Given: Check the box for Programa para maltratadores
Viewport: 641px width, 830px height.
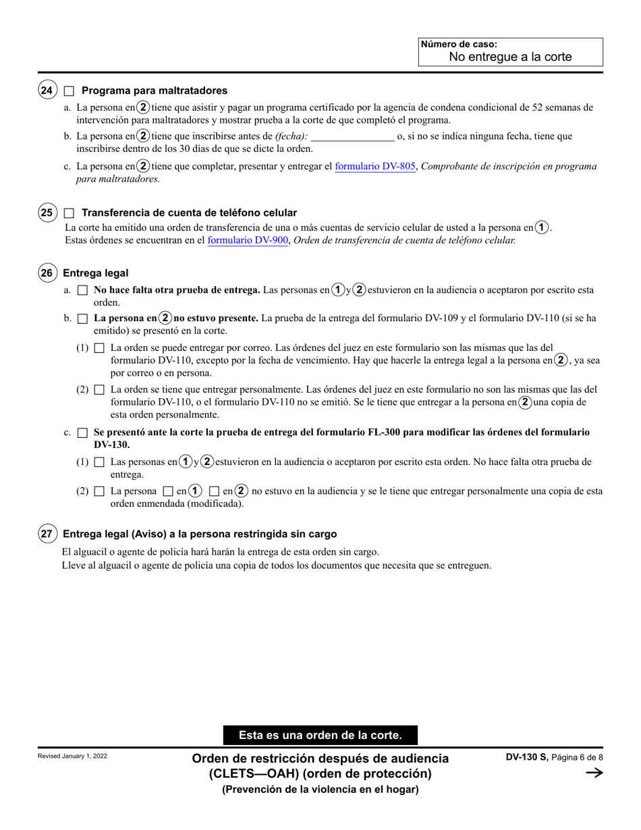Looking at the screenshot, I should pyautogui.click(x=69, y=90).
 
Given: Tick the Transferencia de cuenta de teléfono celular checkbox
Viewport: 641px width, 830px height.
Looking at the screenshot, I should pyautogui.click(x=69, y=213).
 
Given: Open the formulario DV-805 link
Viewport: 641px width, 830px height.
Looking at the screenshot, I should pyautogui.click(x=375, y=166).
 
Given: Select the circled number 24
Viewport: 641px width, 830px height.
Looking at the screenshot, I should pyautogui.click(x=47, y=90).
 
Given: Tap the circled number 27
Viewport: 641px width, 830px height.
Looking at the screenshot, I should pyautogui.click(x=47, y=534).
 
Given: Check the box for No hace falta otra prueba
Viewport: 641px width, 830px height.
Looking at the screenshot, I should pyautogui.click(x=82, y=290).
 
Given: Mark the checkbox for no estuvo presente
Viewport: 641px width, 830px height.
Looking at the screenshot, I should pyautogui.click(x=82, y=318).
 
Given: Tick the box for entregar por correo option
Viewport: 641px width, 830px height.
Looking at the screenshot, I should pyautogui.click(x=99, y=348).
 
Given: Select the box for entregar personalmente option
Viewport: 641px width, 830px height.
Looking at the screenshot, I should pyautogui.click(x=99, y=390).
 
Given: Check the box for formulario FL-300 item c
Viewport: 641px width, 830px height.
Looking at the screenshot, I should pyautogui.click(x=82, y=433).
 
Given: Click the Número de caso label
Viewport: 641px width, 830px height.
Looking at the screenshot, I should pyautogui.click(x=459, y=45).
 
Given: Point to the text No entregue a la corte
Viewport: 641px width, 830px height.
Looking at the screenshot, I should pyautogui.click(x=510, y=57).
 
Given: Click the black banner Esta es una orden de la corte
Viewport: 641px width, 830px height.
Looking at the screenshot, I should pyautogui.click(x=320, y=736).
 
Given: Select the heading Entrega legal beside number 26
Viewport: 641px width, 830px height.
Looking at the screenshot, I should pyautogui.click(x=95, y=273).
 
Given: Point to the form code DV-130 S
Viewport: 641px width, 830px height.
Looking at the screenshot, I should pyautogui.click(x=527, y=758).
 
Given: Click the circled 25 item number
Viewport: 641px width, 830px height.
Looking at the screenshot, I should pyautogui.click(x=47, y=213).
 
